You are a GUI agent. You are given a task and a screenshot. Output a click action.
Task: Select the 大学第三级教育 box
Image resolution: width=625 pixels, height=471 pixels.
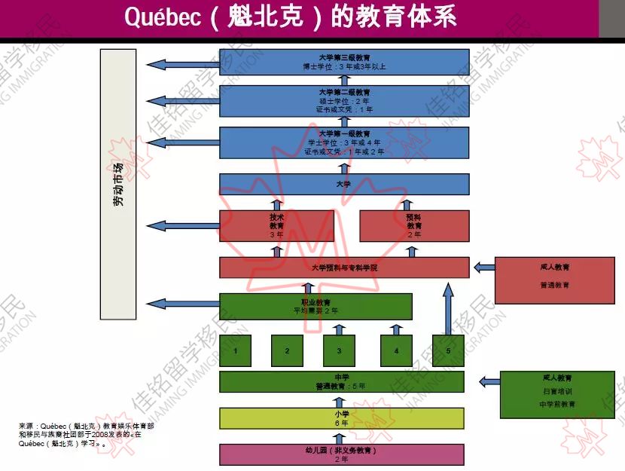[344, 62]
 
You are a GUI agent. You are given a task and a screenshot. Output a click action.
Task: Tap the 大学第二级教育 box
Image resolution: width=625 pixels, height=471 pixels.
[344, 101]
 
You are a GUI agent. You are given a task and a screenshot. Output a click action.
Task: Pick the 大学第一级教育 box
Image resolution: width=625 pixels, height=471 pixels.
[344, 142]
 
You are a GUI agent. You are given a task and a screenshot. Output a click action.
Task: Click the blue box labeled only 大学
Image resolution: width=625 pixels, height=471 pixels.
[344, 184]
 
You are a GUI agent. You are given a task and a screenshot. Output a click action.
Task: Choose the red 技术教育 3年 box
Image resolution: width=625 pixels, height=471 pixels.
[276, 225]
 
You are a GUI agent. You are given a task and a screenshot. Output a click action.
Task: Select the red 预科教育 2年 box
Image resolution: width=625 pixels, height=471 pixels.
[414, 225]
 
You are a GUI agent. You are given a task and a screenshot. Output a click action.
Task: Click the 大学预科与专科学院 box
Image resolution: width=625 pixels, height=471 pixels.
[344, 268]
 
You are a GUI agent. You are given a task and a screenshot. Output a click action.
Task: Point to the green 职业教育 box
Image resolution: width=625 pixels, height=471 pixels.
[316, 306]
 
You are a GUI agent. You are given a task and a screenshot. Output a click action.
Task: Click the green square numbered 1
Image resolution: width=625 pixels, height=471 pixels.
[236, 351]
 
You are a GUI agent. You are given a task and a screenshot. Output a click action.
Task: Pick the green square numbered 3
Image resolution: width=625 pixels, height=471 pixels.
[339, 351]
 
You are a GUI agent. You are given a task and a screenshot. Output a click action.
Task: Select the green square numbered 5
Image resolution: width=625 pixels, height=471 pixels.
[448, 351]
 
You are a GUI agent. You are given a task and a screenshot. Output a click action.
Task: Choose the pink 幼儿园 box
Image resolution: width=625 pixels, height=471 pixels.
[341, 454]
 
